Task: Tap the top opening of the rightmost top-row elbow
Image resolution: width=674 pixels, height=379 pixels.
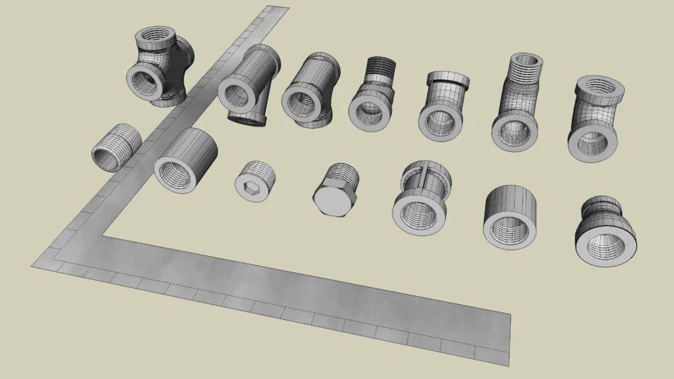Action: [x=601, y=88]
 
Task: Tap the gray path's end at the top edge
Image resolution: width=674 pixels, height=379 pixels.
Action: [x=276, y=10]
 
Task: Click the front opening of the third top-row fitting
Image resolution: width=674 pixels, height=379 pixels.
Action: [x=304, y=102]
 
